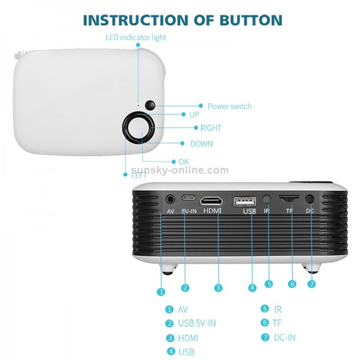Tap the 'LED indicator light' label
pyautogui.click(x=136, y=37)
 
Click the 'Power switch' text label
pyautogui.click(x=229, y=106)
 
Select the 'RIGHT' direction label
pyautogui.click(x=211, y=128)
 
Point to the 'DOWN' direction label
pyautogui.click(x=201, y=144)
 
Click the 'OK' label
pyautogui.click(x=184, y=161)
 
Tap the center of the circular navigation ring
pyautogui.click(x=139, y=127)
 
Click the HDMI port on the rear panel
pyautogui.click(x=211, y=199)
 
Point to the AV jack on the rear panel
pyautogui.click(x=172, y=198)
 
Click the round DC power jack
pyautogui.click(x=310, y=199)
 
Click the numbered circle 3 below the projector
pyautogui.click(x=218, y=288)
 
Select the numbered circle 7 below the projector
pyautogui.click(x=311, y=284)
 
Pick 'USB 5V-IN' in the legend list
pyautogui.click(x=196, y=323)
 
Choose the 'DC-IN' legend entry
pyautogui.click(x=284, y=337)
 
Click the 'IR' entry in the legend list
pyautogui.click(x=277, y=310)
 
